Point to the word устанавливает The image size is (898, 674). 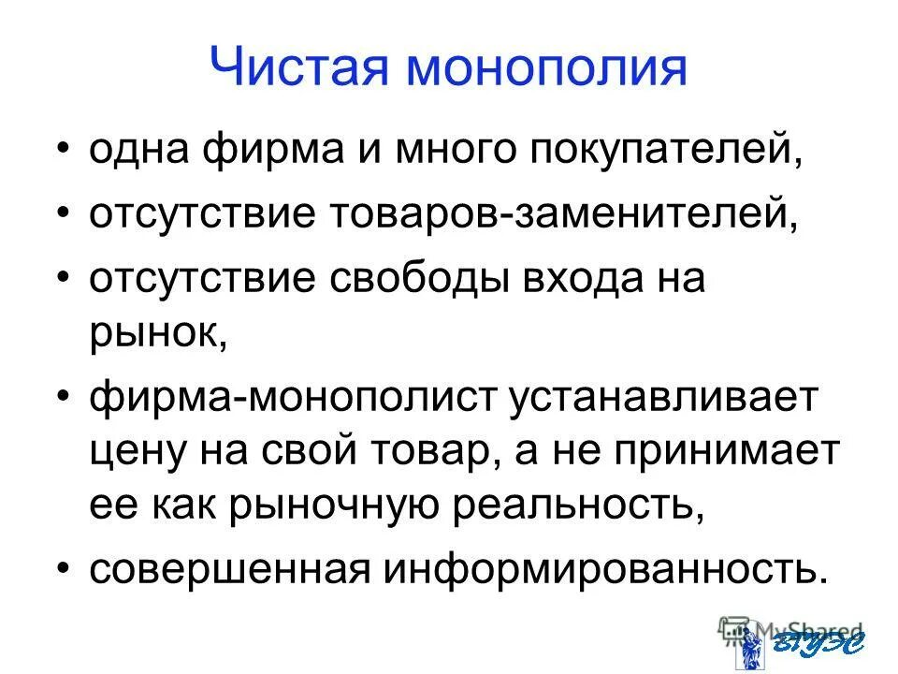(x=663, y=401)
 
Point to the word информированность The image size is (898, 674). (x=598, y=569)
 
